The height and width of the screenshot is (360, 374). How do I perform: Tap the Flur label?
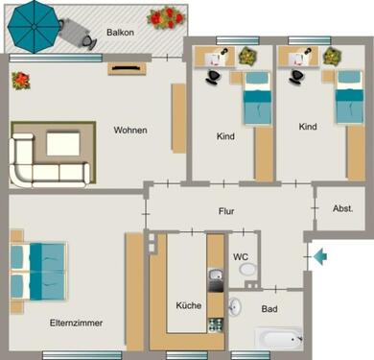click(x=226, y=211)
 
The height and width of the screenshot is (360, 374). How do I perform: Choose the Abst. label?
click(x=342, y=207)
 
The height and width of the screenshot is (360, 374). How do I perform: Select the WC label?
click(x=242, y=256)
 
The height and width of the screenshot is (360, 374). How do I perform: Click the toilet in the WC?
click(x=248, y=272)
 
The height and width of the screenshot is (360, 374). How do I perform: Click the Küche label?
click(x=188, y=305)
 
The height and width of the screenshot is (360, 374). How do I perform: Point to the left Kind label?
click(x=225, y=136)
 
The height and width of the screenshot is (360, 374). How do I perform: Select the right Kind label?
click(x=307, y=127)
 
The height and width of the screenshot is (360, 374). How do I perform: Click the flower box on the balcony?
click(x=164, y=16)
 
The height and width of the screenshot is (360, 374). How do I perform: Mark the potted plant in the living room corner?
click(x=19, y=81)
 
